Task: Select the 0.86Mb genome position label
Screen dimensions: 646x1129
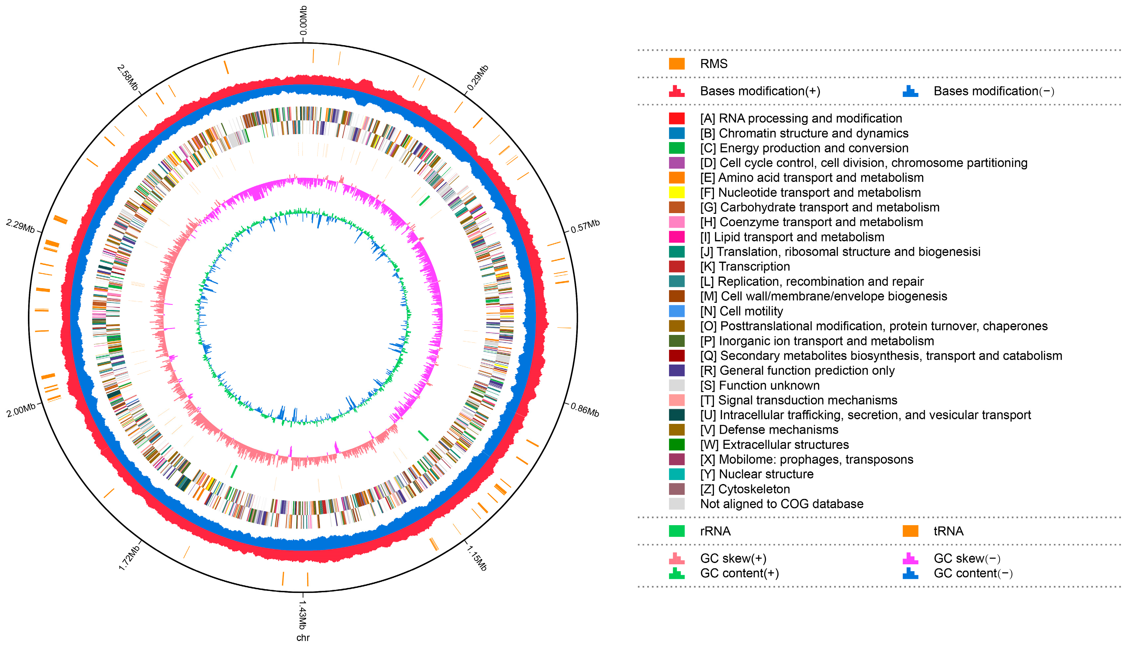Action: (585, 410)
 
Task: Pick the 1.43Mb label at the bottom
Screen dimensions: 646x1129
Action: (302, 615)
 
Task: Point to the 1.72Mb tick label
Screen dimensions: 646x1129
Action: (129, 558)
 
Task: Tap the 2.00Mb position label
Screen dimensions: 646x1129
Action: (21, 410)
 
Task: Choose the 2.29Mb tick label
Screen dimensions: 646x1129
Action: (20, 226)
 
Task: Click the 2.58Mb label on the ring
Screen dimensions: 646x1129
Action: (128, 78)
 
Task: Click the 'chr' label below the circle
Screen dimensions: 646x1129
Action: (303, 638)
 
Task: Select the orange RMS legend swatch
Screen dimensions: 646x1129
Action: (676, 64)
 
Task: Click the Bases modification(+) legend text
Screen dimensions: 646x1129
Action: (760, 91)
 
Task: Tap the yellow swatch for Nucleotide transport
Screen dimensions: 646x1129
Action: (676, 193)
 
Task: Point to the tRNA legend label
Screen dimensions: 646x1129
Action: (948, 531)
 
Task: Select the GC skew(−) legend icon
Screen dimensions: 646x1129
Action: (910, 558)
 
